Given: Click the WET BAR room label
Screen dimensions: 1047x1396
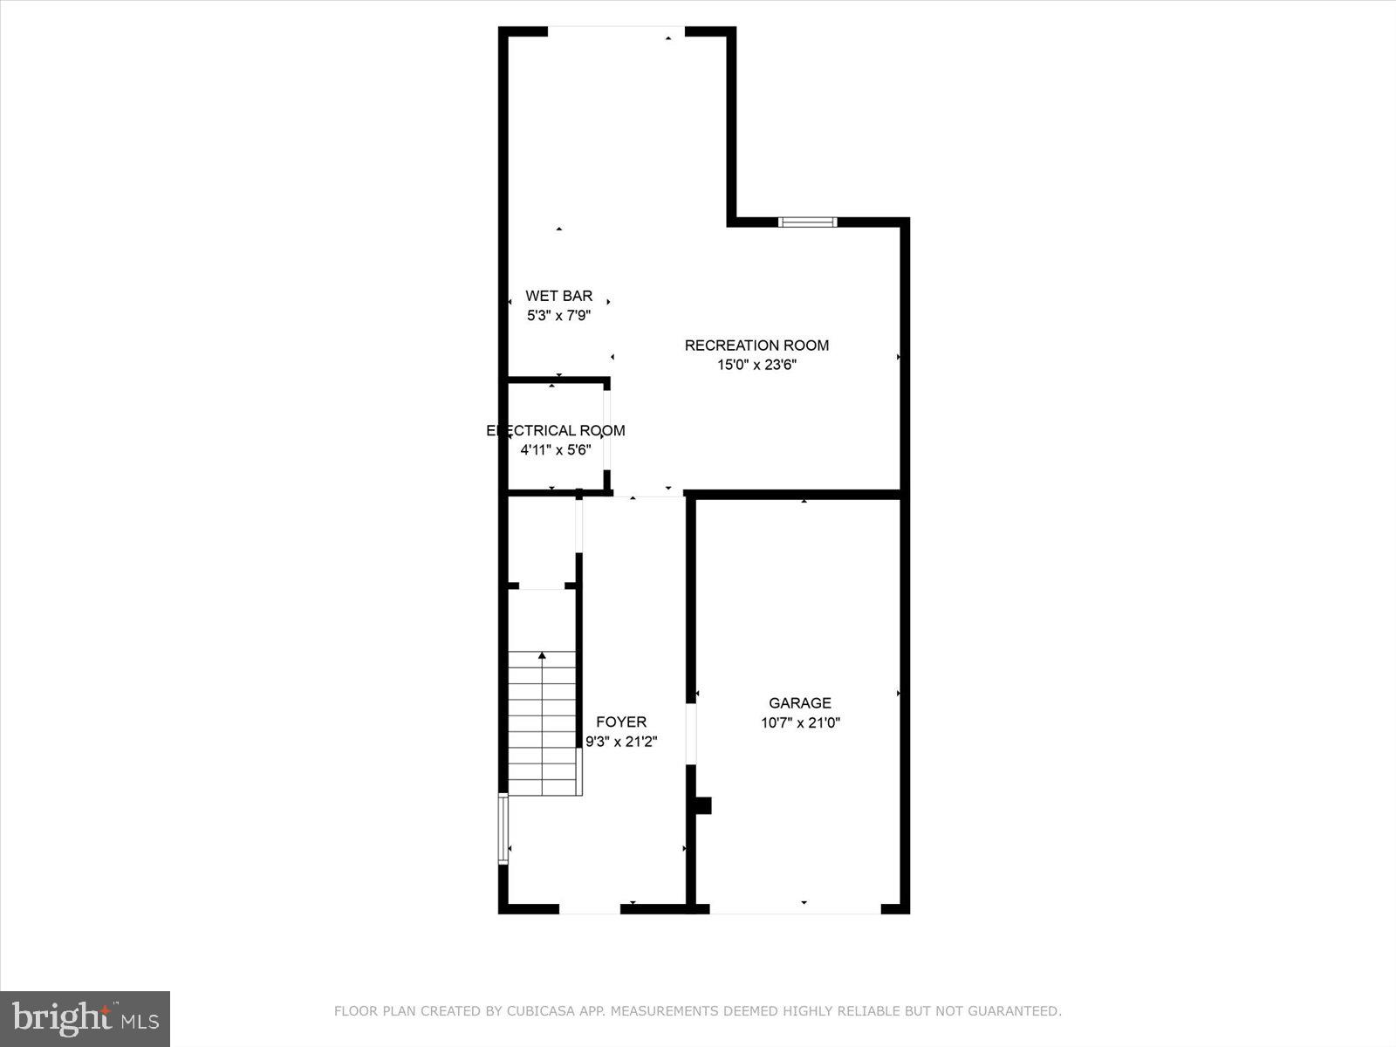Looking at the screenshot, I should [x=558, y=296].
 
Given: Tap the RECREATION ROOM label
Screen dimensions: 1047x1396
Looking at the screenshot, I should [x=756, y=346].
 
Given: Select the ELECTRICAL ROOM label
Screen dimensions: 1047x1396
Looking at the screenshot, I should [x=556, y=430].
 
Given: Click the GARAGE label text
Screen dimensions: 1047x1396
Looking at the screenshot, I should [x=800, y=703].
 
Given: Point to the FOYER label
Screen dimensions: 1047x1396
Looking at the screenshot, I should [x=621, y=722].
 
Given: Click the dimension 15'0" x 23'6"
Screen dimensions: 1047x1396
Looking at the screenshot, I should [x=756, y=366].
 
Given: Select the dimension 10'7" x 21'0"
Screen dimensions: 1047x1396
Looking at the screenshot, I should [x=800, y=723].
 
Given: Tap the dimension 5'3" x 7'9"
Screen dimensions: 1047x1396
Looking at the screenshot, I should [x=558, y=316].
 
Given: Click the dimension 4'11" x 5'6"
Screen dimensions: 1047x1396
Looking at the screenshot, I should [x=556, y=450].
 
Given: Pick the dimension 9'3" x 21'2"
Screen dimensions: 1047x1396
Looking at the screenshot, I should [x=621, y=742].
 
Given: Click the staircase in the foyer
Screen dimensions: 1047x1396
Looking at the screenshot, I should [x=543, y=724].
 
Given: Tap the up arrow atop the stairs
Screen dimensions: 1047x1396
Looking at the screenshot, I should [x=543, y=654].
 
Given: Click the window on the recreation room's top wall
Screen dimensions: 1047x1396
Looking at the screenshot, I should [x=807, y=222].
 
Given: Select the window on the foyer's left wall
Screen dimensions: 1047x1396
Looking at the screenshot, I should [x=503, y=828].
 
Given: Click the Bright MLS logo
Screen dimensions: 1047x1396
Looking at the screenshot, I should [x=86, y=1018].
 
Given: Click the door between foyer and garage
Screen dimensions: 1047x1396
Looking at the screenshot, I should [x=691, y=733].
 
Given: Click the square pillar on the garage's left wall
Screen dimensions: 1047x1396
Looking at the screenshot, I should [x=701, y=805].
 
